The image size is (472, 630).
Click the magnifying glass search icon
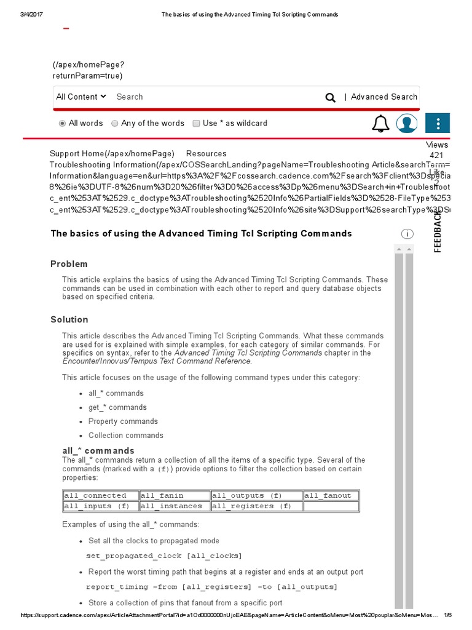pos(331,97)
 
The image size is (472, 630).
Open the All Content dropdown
pos(81,97)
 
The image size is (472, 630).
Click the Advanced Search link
pos(383,97)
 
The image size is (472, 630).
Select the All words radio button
pos(62,123)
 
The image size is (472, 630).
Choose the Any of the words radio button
pos(115,123)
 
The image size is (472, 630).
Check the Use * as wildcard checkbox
pos(197,123)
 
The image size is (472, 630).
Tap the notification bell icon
pos(380,124)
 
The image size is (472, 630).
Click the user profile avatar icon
pos(406,123)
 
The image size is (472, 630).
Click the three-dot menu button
pos(438,123)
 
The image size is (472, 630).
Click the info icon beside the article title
pos(407,234)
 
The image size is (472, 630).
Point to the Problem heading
pos(69,264)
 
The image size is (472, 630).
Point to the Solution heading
pos(69,319)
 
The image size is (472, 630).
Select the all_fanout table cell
pos(331,495)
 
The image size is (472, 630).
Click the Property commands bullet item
pos(123,421)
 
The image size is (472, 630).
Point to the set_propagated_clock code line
pos(164,556)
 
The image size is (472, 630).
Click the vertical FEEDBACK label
pos(438,231)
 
